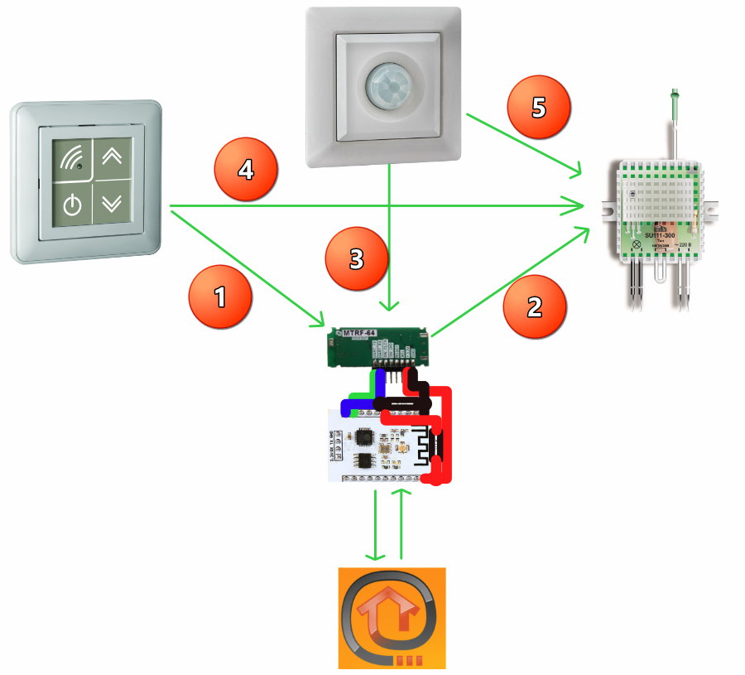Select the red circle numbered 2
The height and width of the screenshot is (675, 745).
tap(535, 306)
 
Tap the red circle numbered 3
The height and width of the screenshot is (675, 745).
tap(356, 259)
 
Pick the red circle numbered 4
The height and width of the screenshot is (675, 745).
tap(246, 171)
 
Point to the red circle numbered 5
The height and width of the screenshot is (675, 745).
tap(539, 108)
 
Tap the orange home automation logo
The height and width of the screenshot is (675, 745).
tap(392, 617)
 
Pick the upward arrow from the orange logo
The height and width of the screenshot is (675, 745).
tap(403, 523)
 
